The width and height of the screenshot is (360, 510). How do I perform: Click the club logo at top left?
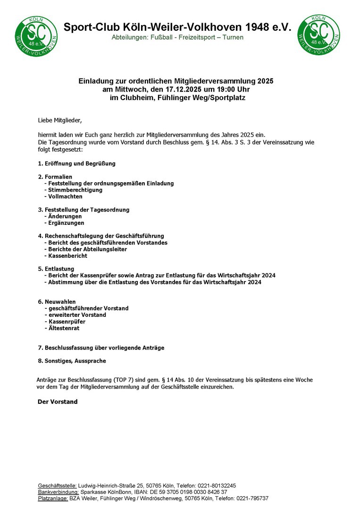[36, 35]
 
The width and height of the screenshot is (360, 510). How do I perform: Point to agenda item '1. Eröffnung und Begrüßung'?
[76, 163]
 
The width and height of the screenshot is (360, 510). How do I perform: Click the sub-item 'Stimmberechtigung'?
[75, 190]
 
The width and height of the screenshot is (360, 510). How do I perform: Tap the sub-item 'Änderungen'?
[65, 216]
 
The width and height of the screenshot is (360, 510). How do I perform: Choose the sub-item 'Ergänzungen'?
[66, 223]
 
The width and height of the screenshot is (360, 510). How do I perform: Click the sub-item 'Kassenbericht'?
[68, 256]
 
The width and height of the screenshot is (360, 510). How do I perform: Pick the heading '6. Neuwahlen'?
[57, 302]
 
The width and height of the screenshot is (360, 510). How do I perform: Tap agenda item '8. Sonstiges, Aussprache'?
[72, 361]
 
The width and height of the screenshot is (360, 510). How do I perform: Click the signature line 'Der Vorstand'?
[57, 402]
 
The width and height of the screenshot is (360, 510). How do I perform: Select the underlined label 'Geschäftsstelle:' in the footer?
[57, 485]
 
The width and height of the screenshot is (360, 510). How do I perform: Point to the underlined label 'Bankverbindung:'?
[58, 492]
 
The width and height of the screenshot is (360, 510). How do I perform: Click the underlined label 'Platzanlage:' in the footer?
[53, 499]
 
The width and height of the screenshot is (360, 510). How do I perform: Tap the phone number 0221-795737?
[252, 499]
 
